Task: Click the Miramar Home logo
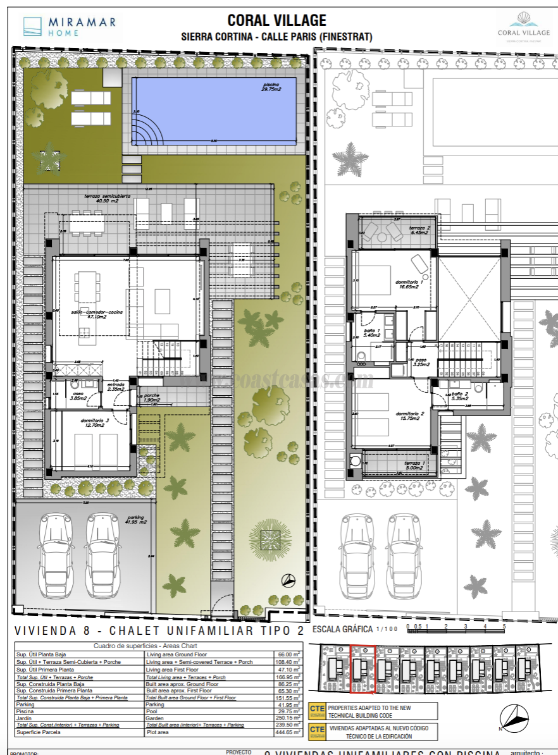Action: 70,27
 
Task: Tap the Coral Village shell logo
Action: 523,24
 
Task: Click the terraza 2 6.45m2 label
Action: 419,230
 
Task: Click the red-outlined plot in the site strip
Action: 363,669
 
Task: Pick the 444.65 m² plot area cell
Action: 287,732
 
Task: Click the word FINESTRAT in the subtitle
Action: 347,37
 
